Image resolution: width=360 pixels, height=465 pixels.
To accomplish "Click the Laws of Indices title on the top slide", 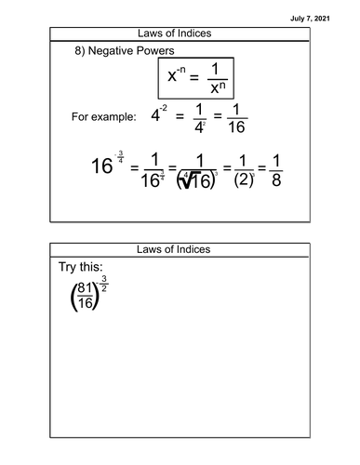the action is [x=180, y=33].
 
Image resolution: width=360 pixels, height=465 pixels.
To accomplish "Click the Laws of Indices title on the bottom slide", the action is [x=180, y=250].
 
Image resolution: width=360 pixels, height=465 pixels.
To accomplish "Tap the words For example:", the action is [x=103, y=118].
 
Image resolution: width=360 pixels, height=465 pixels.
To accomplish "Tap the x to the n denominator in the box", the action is [x=216, y=97].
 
